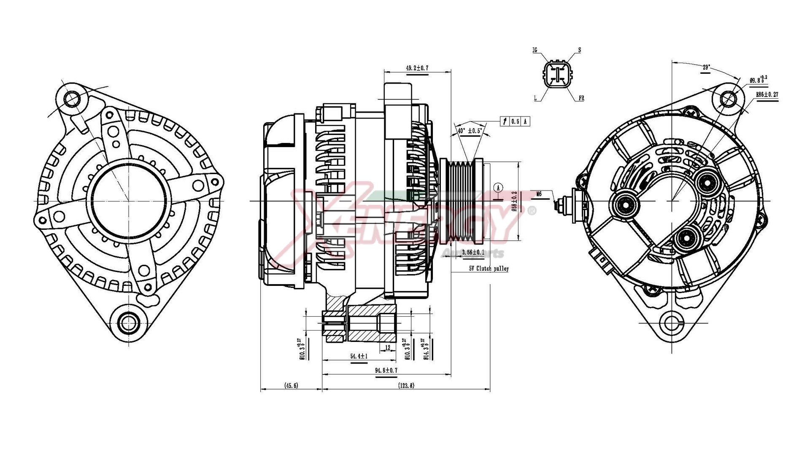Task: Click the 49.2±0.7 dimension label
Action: coord(417,68)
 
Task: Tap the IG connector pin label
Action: coord(535,50)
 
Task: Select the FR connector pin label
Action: coord(581,99)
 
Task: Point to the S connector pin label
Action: coord(579,50)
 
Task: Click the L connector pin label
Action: coord(535,99)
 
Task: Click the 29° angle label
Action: coord(706,67)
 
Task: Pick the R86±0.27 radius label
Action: coord(767,95)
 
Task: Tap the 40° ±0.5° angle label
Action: coord(470,131)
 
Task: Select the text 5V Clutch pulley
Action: coord(489,269)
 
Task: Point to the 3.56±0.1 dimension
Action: coord(473,252)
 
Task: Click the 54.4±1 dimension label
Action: coord(359,356)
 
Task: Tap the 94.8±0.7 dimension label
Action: coord(386,370)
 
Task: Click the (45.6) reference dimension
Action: coord(291,385)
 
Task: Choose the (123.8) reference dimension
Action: coord(406,385)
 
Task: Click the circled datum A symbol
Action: coord(498,188)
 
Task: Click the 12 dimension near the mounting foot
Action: coord(388,348)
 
